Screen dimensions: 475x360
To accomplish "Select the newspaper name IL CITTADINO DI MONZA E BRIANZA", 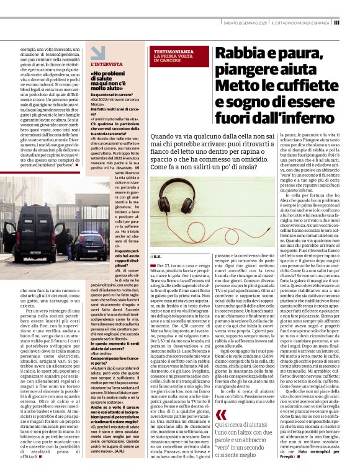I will click(305, 22).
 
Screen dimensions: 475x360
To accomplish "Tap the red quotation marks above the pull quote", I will click(221, 397).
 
